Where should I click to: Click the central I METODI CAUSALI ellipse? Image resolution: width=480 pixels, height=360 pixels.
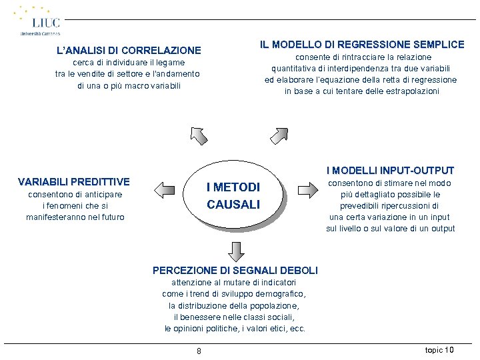coord(233,196)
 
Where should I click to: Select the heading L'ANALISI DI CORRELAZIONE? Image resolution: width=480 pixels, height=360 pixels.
coord(129,50)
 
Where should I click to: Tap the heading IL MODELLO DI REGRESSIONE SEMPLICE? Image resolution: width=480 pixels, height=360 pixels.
coord(362,45)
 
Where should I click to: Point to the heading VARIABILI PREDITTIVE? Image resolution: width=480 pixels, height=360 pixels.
coord(74,181)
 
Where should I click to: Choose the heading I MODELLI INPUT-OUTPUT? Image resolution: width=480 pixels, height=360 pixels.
coord(390,171)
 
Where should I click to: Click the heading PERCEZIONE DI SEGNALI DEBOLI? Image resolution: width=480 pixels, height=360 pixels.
coord(235,270)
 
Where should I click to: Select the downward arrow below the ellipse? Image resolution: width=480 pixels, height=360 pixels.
coord(235,249)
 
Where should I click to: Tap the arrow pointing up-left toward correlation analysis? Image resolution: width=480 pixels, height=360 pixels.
coord(199,135)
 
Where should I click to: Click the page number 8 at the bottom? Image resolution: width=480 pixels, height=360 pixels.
coord(199,351)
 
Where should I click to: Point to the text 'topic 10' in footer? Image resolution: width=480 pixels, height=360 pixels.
coord(439,349)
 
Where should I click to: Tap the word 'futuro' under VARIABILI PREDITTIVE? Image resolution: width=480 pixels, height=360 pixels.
coord(111,217)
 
